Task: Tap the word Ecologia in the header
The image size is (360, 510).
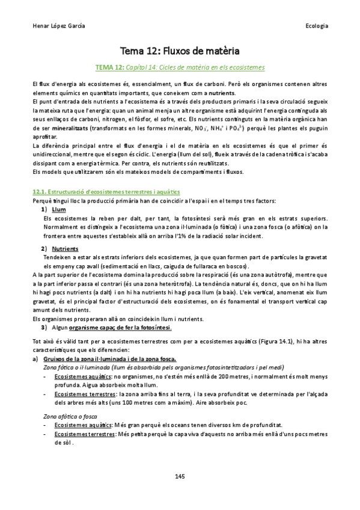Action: point(316,26)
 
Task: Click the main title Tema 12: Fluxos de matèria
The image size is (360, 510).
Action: point(180,50)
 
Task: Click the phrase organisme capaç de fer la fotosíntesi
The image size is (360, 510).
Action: point(120,327)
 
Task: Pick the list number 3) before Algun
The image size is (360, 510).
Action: point(44,327)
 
